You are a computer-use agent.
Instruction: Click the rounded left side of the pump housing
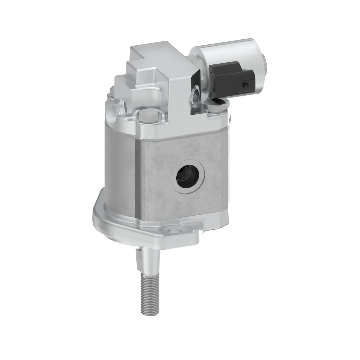click(118, 169)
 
